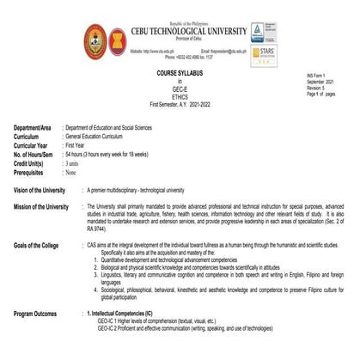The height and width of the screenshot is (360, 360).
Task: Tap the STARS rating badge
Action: click(263, 53)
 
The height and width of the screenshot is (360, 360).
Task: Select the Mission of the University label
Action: click(42, 207)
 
